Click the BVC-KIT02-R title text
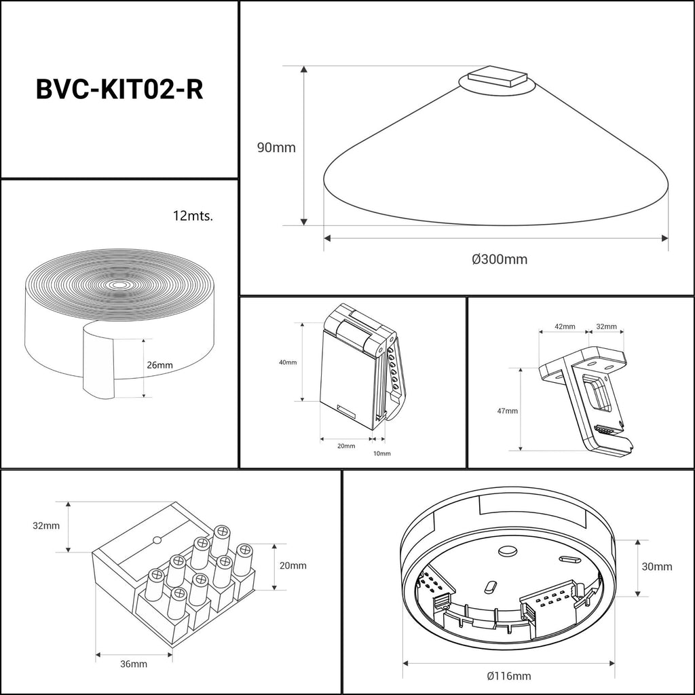[119, 90]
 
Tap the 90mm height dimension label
[276, 147]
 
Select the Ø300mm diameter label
[500, 259]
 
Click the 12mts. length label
[193, 217]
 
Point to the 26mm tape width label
[159, 365]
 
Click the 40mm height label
[288, 362]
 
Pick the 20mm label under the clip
[345, 446]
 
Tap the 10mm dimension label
[381, 453]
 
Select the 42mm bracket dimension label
[565, 326]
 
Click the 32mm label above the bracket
[606, 326]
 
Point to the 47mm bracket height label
[507, 411]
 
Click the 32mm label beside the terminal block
[46, 525]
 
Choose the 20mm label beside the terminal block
[293, 565]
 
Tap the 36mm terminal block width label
[134, 664]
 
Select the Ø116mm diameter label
[509, 675]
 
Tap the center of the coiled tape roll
[120, 284]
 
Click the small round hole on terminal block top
[157, 541]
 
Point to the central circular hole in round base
[506, 551]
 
